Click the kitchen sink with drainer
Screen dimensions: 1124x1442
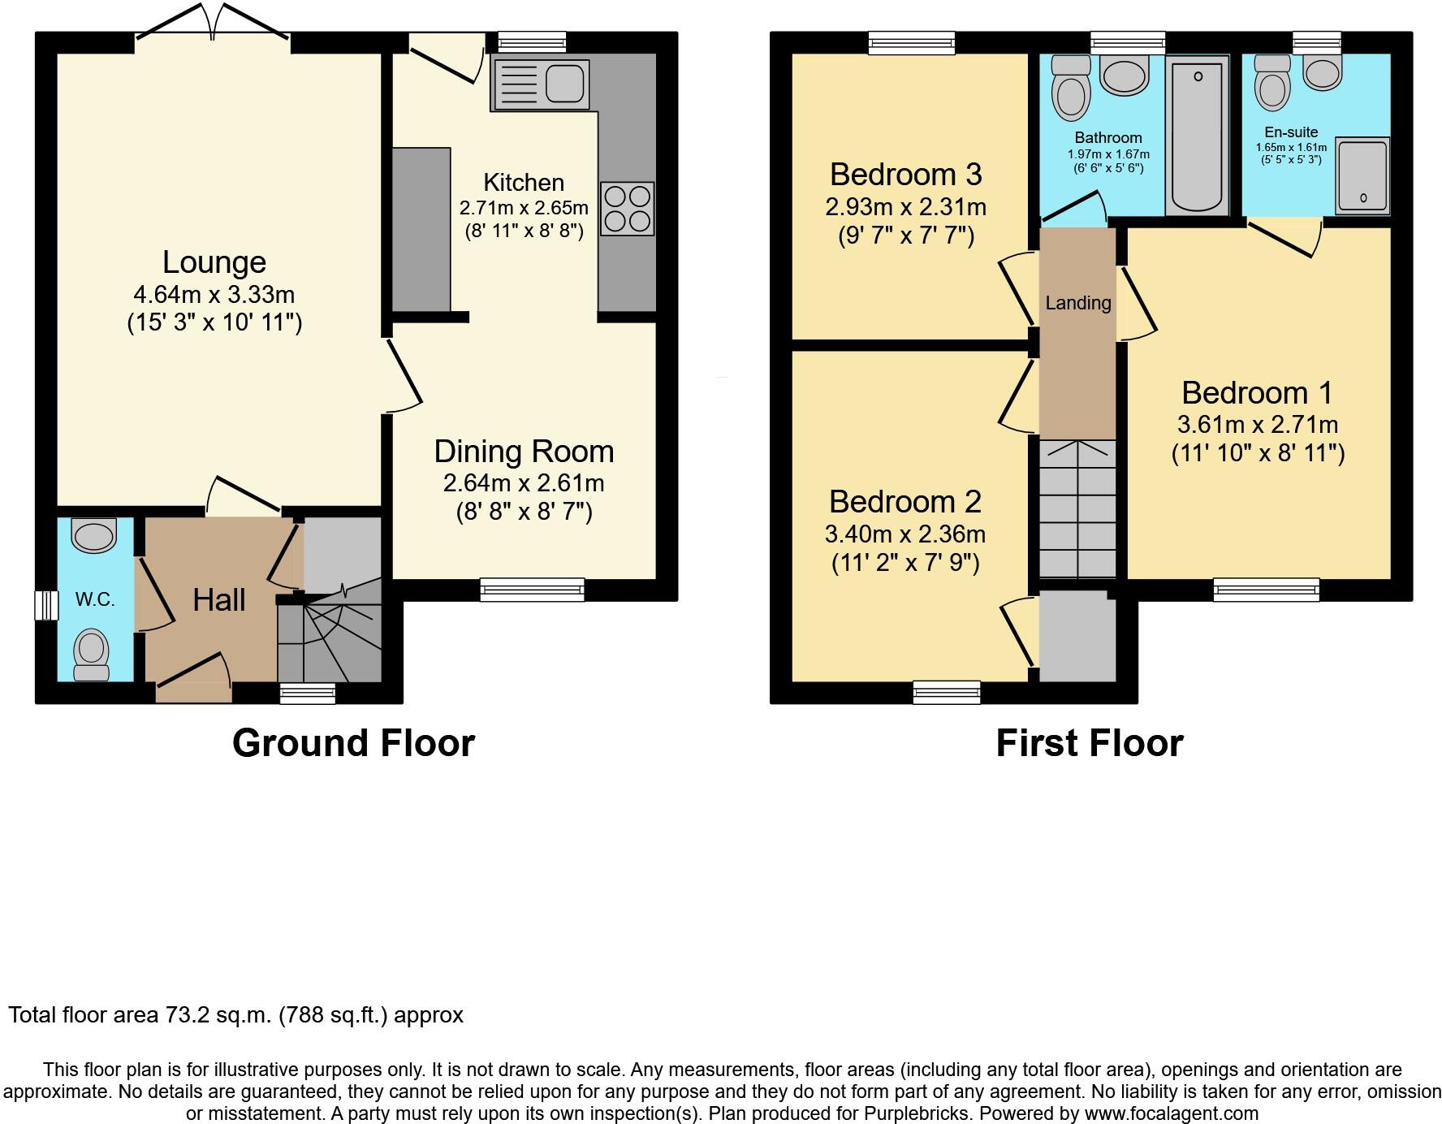(540, 84)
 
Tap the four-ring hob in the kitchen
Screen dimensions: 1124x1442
(628, 209)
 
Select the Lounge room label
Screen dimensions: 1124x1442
(214, 262)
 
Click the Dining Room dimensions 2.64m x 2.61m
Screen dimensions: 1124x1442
(524, 483)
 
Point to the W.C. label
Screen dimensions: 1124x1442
(95, 599)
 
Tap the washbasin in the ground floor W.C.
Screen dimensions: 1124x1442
(94, 535)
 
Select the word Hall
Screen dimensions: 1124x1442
(219, 600)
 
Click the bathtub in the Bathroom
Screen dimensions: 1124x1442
(1197, 136)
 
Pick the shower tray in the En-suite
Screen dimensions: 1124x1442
(1362, 175)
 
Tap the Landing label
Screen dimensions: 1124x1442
(1078, 303)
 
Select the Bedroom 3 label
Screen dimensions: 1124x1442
(905, 175)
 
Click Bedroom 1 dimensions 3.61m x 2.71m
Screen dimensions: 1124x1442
(1258, 424)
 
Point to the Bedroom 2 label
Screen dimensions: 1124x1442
(904, 502)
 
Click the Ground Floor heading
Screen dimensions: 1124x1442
(353, 743)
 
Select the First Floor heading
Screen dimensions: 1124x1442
(1090, 743)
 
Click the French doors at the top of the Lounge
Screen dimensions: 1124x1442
(213, 23)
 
